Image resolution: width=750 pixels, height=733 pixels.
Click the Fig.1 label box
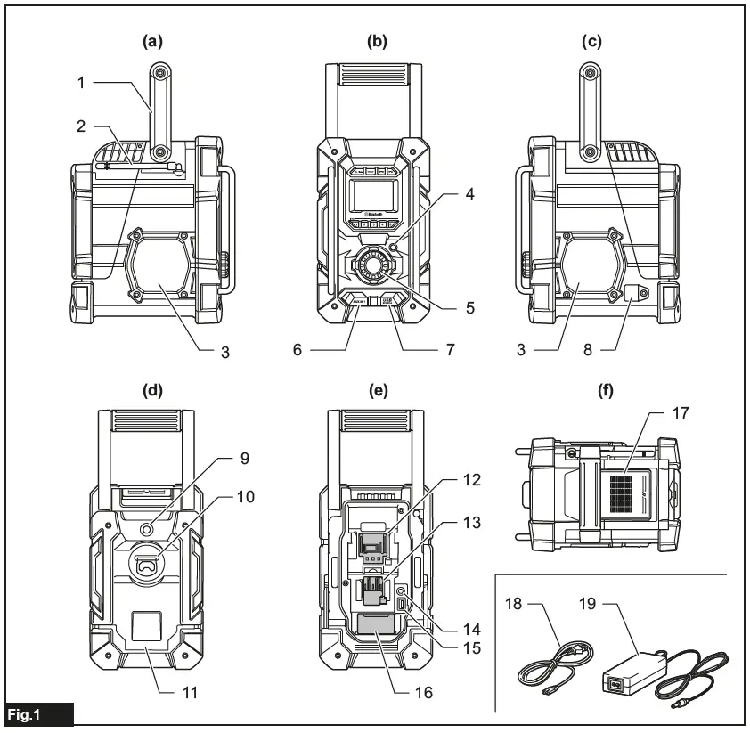(x=37, y=715)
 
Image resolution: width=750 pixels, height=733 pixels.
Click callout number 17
(x=681, y=413)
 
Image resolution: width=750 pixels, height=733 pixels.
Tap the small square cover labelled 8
(x=637, y=292)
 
